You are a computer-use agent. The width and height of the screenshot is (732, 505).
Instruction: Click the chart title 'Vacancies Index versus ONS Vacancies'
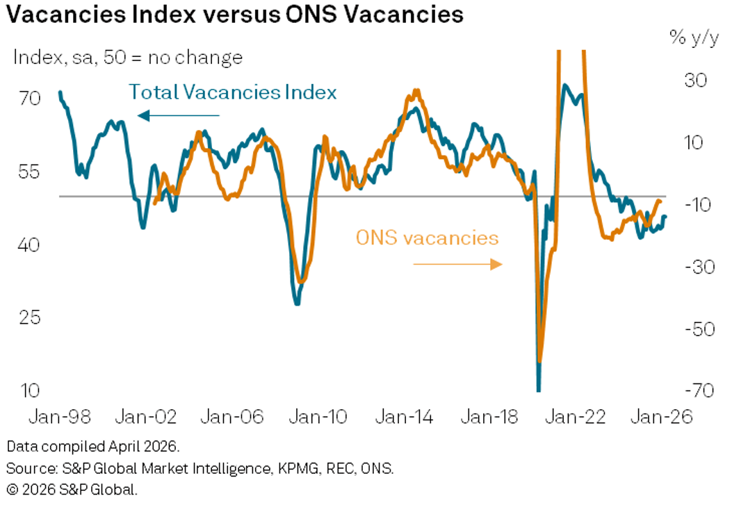(234, 15)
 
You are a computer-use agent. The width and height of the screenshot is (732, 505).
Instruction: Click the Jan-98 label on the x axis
(60, 417)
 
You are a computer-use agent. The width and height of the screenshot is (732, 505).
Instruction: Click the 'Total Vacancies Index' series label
(233, 92)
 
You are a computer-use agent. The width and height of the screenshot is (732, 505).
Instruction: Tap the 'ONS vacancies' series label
(427, 238)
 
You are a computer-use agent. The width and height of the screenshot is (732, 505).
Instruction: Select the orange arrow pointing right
(457, 264)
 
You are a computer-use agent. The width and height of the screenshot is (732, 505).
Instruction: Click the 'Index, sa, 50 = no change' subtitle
(128, 58)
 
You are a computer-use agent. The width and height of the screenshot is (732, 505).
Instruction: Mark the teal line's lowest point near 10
(538, 389)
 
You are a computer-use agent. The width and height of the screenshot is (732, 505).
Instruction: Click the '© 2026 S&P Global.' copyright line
(72, 489)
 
